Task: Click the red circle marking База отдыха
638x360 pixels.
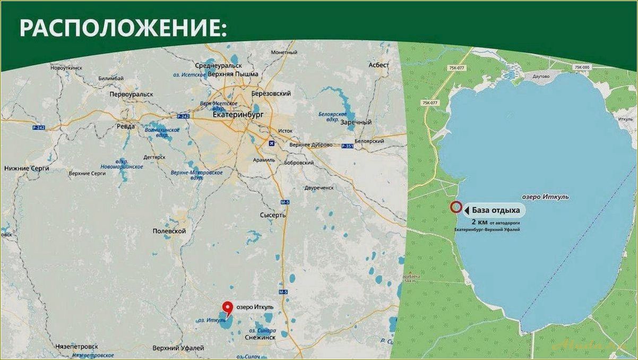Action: [455, 207]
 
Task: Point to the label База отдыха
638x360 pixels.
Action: [494, 209]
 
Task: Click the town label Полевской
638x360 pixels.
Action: [169, 232]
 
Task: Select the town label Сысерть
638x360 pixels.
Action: [273, 215]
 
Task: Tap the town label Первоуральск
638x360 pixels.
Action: [131, 94]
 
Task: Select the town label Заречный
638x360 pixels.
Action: [356, 122]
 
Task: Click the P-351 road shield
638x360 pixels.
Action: [348, 145]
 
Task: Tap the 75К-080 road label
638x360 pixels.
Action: [582, 67]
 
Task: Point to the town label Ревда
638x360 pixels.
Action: [125, 127]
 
